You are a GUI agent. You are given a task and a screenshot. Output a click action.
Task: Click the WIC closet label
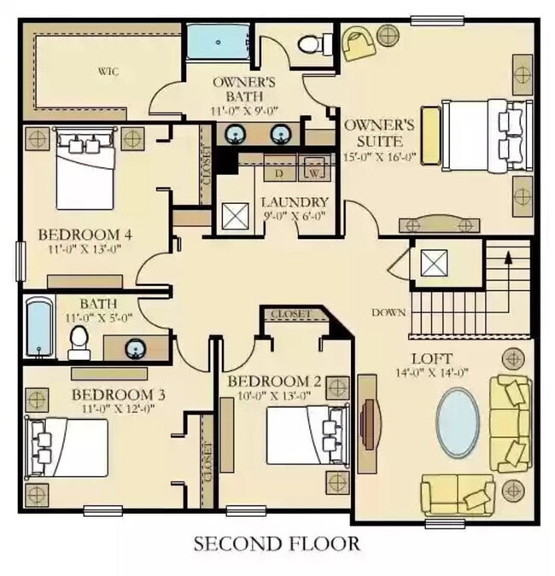point(108,71)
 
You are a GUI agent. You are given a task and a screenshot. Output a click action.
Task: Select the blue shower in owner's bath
point(218,42)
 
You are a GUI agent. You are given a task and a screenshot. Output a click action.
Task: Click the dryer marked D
point(280,168)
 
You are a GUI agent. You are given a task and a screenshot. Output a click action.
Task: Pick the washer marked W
point(313,168)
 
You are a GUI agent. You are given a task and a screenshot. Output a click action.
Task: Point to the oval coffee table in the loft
point(458,422)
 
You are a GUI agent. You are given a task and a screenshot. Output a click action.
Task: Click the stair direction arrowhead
point(508,258)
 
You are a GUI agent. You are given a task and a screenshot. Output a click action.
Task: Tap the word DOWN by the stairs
point(388,312)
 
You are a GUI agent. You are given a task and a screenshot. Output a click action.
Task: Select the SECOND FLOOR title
point(277,544)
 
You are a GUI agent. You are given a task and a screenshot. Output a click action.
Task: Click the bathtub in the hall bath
point(39,328)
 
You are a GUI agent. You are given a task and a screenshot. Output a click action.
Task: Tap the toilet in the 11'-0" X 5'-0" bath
point(79,343)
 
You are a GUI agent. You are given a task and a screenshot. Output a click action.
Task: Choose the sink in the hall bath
point(137,348)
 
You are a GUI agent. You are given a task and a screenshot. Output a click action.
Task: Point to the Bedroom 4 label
point(85,235)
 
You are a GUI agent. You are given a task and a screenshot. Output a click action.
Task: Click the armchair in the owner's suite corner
point(359,43)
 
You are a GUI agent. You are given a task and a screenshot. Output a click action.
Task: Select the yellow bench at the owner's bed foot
point(431,135)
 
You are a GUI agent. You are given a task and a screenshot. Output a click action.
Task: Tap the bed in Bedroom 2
point(308,434)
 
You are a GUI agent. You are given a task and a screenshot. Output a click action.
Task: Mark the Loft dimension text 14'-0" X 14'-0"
point(431,373)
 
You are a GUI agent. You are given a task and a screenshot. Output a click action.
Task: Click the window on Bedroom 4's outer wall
point(21,260)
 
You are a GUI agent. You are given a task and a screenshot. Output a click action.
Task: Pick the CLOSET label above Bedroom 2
point(290,315)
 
